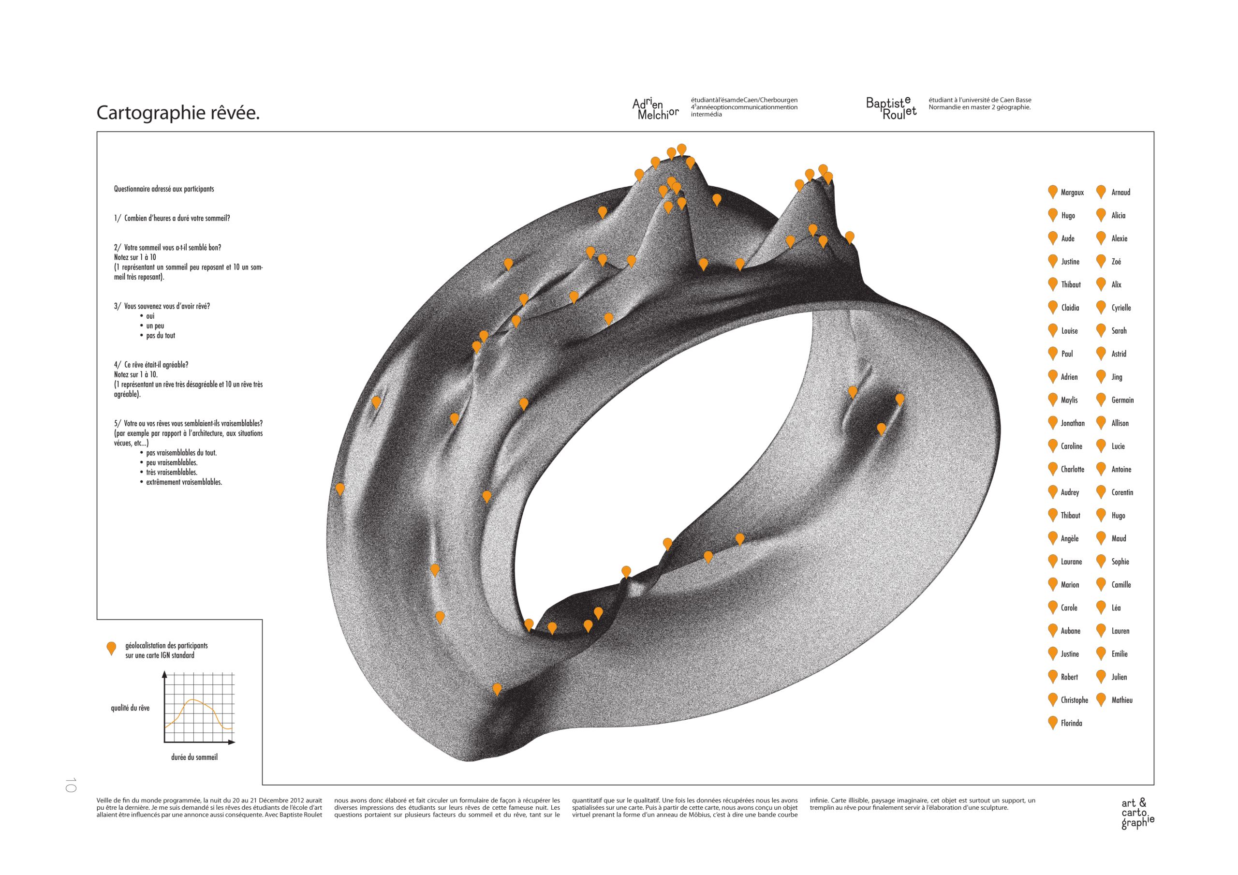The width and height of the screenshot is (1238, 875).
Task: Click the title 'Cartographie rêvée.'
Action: [x=178, y=113]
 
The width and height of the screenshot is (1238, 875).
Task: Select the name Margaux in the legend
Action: [x=1072, y=193]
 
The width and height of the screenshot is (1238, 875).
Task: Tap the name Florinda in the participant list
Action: [x=1071, y=724]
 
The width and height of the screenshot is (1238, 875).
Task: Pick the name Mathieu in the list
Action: [x=1121, y=700]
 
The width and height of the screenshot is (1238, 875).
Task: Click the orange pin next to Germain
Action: [x=1101, y=400]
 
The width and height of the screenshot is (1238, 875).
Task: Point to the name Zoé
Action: [x=1116, y=262]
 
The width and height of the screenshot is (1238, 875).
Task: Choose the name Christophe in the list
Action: [x=1074, y=700]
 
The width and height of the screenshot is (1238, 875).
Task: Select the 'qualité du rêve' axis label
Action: [x=130, y=708]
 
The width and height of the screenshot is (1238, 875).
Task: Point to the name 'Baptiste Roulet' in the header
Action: [x=891, y=108]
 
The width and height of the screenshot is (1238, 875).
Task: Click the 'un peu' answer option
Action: [x=155, y=326]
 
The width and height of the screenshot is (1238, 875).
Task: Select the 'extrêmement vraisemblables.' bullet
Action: [x=184, y=482]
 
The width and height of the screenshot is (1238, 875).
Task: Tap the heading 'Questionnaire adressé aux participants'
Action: [x=164, y=189]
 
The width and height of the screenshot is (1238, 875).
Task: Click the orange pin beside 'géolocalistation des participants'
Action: [x=112, y=649]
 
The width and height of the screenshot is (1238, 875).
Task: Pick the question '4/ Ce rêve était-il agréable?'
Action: [x=151, y=365]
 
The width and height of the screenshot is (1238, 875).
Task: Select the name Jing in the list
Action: [x=1117, y=377]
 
